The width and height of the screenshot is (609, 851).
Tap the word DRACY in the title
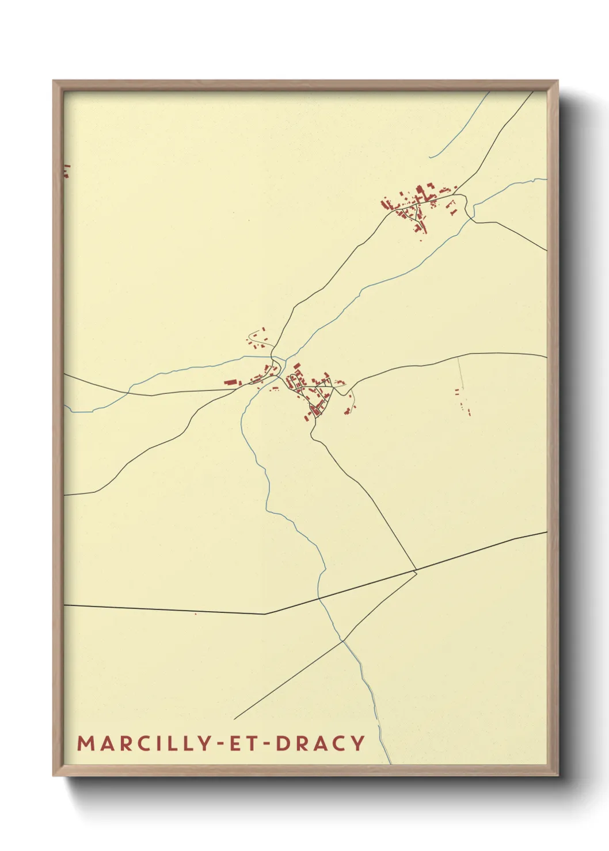321,743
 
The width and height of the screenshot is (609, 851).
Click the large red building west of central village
231,382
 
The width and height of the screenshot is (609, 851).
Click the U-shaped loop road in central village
294,380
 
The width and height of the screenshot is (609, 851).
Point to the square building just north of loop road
297,366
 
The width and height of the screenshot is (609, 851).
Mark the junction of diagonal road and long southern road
416,571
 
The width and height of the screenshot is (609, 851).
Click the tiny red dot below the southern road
196,614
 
